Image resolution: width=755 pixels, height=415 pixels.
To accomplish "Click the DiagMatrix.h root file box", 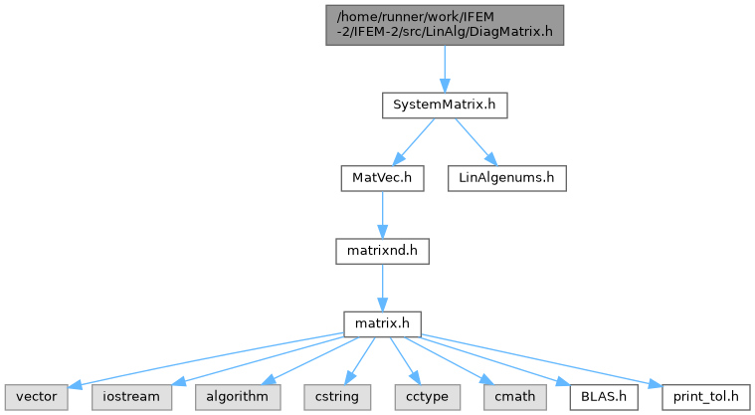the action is coord(445,25).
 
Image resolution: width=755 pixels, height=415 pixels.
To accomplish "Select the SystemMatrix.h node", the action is coord(445,105).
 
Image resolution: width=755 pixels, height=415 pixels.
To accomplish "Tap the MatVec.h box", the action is coord(382,178).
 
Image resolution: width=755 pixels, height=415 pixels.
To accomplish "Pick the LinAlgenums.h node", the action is coord(507,178).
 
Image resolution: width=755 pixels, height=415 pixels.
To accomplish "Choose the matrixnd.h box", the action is coord(382,251).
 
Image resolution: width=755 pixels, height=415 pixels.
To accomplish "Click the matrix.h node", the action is coord(382,323).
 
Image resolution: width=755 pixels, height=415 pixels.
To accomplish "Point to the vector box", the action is coord(37,397).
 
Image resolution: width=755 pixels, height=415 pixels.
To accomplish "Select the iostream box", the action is coord(131,397).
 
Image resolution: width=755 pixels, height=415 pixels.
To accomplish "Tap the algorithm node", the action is coord(238,397).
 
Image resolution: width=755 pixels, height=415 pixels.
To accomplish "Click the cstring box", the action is coord(337,397).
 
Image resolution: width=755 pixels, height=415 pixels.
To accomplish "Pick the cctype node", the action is coord(427,397).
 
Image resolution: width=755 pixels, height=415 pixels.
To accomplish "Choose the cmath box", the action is coord(515,397).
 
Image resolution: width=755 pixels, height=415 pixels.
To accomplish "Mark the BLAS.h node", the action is coord(604,397).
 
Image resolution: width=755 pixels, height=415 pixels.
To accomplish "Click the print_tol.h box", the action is coord(706,397).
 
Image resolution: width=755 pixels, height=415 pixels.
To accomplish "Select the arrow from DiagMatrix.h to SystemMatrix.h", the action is coord(445,69).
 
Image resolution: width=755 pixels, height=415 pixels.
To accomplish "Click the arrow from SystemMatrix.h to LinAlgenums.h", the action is coord(475,141).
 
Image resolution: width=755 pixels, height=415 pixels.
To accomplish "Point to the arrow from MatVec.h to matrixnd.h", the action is coord(382,215).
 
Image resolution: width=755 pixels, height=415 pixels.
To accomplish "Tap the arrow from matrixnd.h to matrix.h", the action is coord(382,288).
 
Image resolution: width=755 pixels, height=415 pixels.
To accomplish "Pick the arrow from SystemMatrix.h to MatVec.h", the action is coord(414,141).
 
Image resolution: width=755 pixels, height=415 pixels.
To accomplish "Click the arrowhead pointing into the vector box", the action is coord(75,384).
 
